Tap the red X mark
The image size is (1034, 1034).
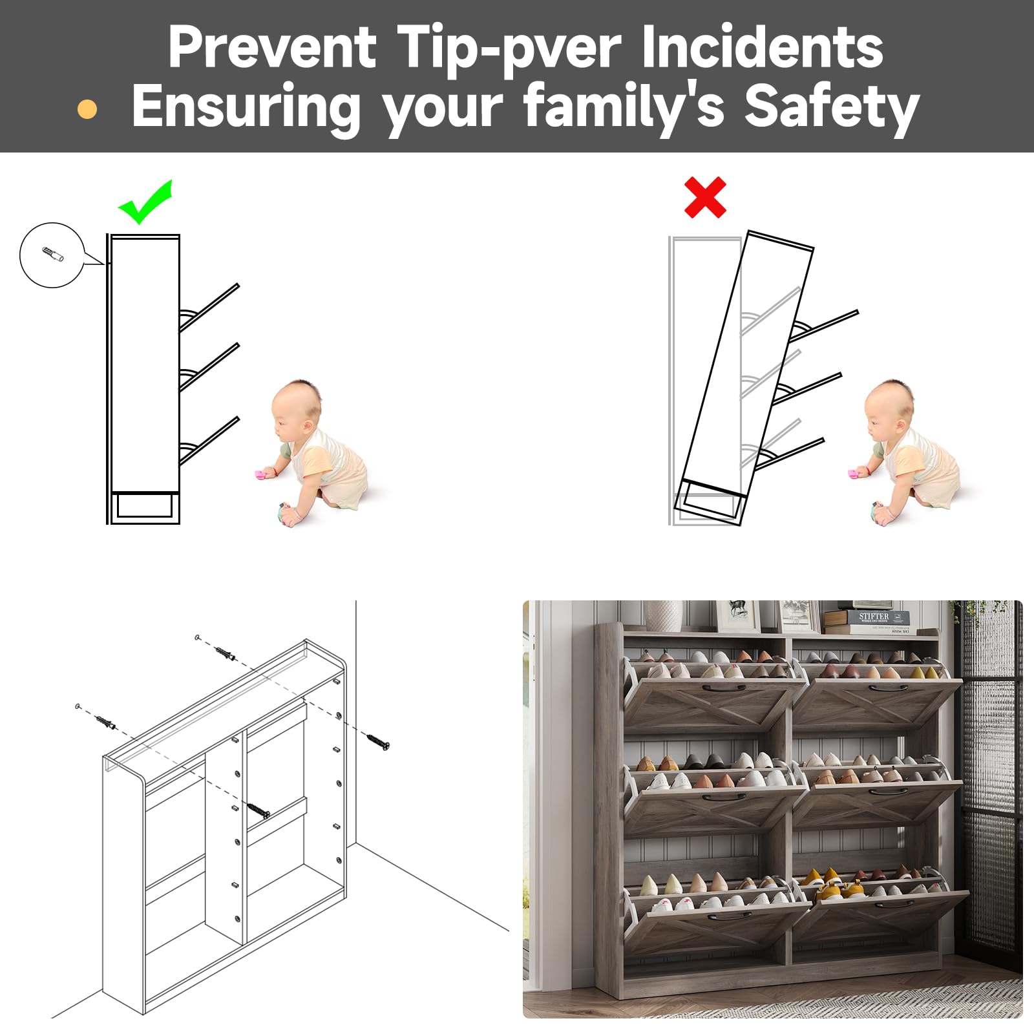click(x=705, y=197)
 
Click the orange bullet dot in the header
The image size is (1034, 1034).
click(x=87, y=109)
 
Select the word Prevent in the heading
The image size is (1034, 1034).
click(x=272, y=47)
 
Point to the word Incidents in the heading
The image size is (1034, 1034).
click(x=763, y=47)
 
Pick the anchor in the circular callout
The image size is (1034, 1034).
click(x=53, y=254)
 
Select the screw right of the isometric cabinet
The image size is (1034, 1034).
click(x=378, y=742)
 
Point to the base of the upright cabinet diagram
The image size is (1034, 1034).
click(x=145, y=507)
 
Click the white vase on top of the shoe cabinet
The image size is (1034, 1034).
click(x=663, y=616)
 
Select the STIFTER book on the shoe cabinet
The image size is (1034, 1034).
click(x=874, y=618)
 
